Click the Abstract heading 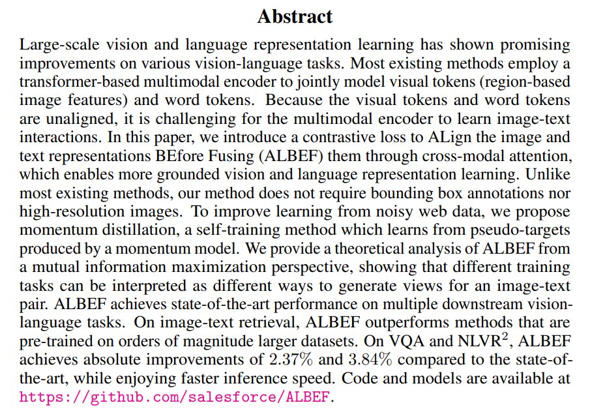coord(295,16)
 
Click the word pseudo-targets coord(520,230)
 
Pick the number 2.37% coord(291,360)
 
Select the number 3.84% coord(370,360)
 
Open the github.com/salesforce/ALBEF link coord(175,397)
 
